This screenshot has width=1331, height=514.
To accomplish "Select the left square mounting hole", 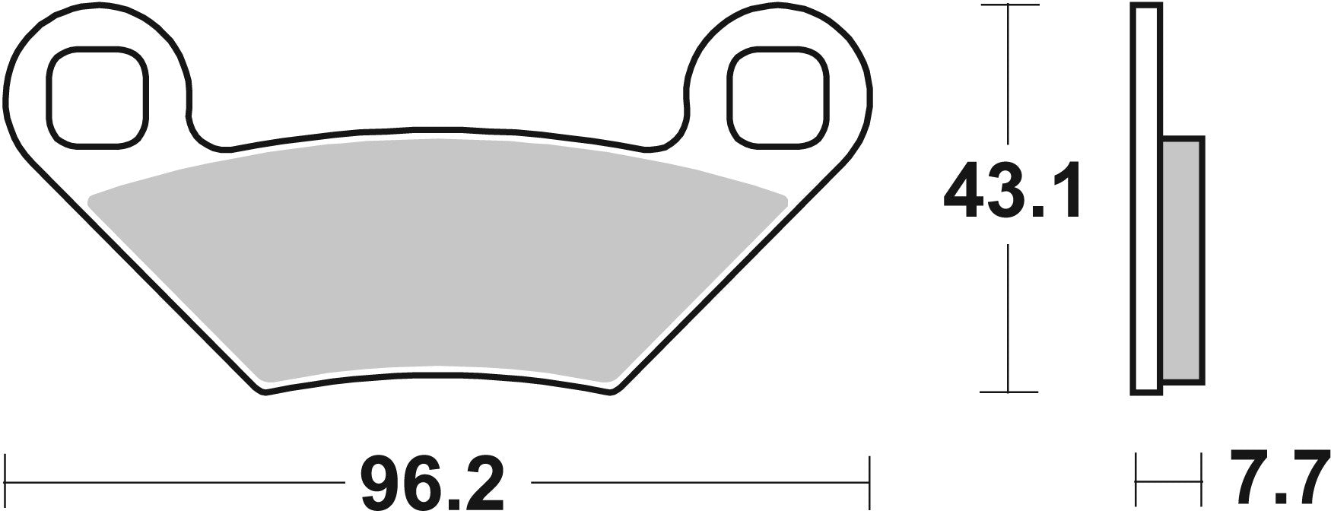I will pyautogui.click(x=95, y=96).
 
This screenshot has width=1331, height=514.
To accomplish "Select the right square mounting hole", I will pyautogui.click(x=776, y=96).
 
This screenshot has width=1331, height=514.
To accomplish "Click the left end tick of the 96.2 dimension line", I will pyautogui.click(x=7, y=483).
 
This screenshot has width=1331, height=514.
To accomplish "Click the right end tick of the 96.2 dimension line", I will pyautogui.click(x=869, y=483).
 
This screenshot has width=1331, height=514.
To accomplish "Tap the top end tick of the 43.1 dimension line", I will pyautogui.click(x=1008, y=5).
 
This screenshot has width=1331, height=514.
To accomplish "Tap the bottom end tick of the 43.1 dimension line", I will pyautogui.click(x=1008, y=392).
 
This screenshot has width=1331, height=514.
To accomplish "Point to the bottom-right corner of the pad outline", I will pyautogui.click(x=610, y=392).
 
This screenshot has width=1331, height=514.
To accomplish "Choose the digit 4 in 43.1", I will pyautogui.click(x=965, y=190).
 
